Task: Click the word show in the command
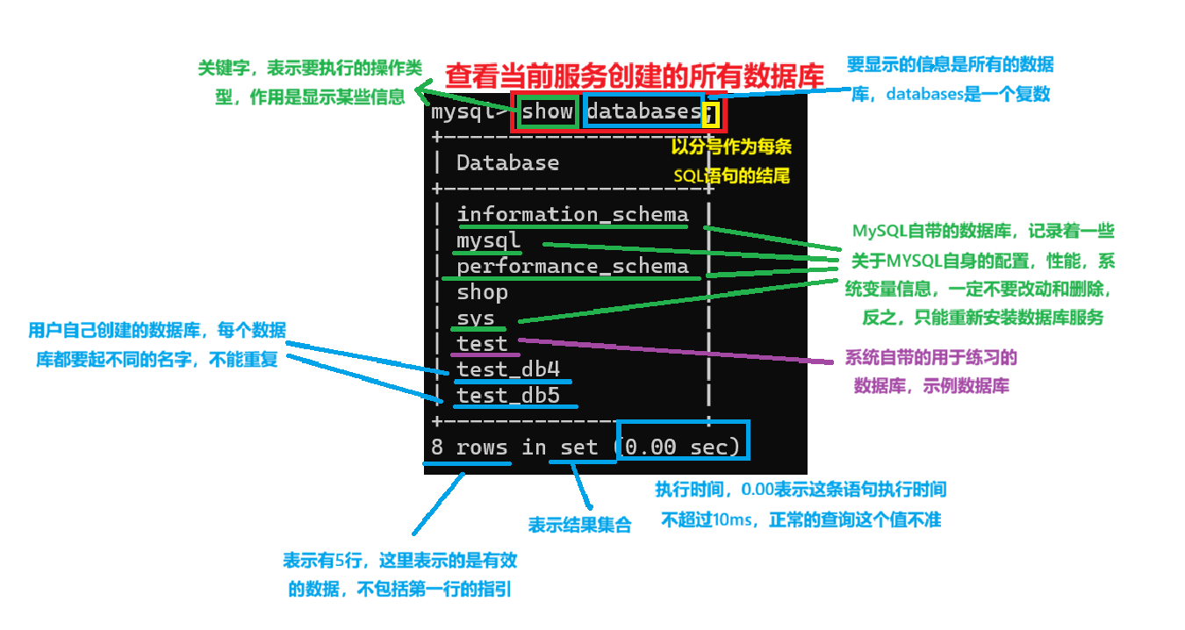[548, 112]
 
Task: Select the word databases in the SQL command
[643, 112]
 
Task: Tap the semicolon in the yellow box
[710, 114]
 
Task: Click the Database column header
[507, 163]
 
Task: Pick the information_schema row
[572, 214]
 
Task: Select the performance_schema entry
[572, 266]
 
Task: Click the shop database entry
[482, 292]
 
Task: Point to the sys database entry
[476, 319]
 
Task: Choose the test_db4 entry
[508, 369]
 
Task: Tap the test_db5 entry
[508, 396]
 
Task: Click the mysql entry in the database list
[488, 240]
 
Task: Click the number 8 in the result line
[437, 447]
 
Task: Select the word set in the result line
[578, 447]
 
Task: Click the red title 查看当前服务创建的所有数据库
[635, 75]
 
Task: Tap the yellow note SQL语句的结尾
[732, 175]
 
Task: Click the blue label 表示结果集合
[579, 526]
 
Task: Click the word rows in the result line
[482, 447]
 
